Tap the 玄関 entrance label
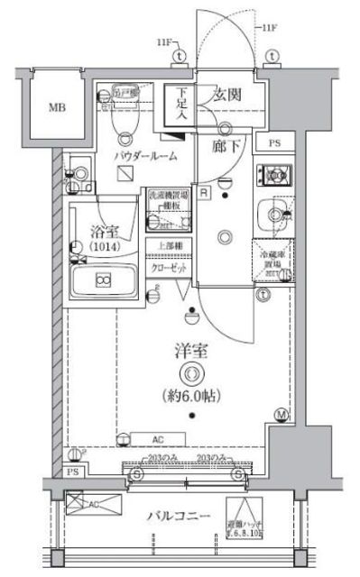(226, 95)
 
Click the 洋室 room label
(189, 352)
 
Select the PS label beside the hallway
(273, 143)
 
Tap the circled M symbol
(282, 415)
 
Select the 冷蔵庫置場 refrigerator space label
(272, 259)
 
